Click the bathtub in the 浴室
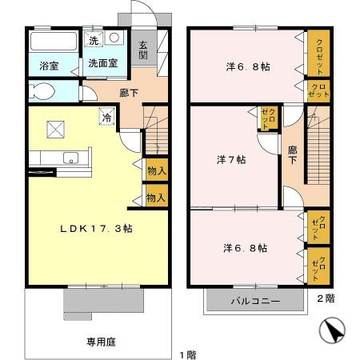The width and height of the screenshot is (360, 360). pyautogui.click(x=54, y=42)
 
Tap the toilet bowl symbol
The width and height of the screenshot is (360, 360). pyautogui.click(x=42, y=91)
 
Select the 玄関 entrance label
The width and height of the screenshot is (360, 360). pyautogui.click(x=143, y=50)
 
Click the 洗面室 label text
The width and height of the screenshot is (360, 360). pyautogui.click(x=102, y=63)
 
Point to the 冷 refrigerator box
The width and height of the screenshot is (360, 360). pyautogui.click(x=107, y=116)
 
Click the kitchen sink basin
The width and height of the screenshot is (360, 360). pyautogui.click(x=70, y=158)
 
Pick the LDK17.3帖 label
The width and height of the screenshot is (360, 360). pyautogui.click(x=96, y=229)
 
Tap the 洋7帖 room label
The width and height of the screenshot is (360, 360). pyautogui.click(x=231, y=160)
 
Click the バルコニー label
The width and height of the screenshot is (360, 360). pyautogui.click(x=255, y=302)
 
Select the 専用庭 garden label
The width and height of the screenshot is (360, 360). pyautogui.click(x=101, y=342)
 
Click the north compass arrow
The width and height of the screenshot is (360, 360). pyautogui.click(x=332, y=330)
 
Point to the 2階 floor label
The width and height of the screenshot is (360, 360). pyautogui.click(x=326, y=298)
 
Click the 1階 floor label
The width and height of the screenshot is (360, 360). pyautogui.click(x=188, y=355)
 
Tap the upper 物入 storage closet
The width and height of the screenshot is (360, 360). pyautogui.click(x=157, y=170)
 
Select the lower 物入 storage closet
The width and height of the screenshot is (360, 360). pyautogui.click(x=157, y=196)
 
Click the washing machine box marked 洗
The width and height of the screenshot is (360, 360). pyautogui.click(x=94, y=39)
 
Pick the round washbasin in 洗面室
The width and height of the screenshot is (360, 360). pyautogui.click(x=114, y=38)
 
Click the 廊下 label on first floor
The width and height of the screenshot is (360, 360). pyautogui.click(x=129, y=93)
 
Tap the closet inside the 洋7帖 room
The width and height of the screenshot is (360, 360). pyautogui.click(x=269, y=118)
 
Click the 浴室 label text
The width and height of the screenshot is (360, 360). pyautogui.click(x=49, y=66)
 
